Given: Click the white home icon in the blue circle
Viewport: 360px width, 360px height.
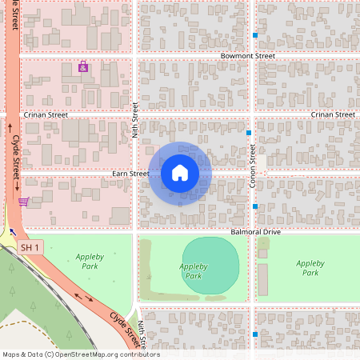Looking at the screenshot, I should (180, 172).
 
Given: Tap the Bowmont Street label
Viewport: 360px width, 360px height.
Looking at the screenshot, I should (248, 57).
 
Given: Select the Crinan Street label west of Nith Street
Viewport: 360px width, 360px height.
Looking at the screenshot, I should (46, 115).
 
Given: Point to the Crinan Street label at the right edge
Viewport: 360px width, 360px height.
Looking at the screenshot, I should (333, 115).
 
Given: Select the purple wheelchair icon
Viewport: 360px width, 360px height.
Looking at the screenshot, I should (83, 67).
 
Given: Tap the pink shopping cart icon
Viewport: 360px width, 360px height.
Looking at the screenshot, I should (24, 202).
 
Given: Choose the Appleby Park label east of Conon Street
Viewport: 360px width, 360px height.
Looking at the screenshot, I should (310, 267).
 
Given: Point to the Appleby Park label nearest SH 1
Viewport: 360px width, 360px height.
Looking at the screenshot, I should (86, 261).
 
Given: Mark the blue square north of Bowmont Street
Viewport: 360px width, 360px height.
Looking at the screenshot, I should (255, 35).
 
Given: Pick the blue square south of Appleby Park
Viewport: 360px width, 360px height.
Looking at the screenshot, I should (255, 334).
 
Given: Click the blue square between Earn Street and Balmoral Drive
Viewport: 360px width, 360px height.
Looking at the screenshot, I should (255, 206).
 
